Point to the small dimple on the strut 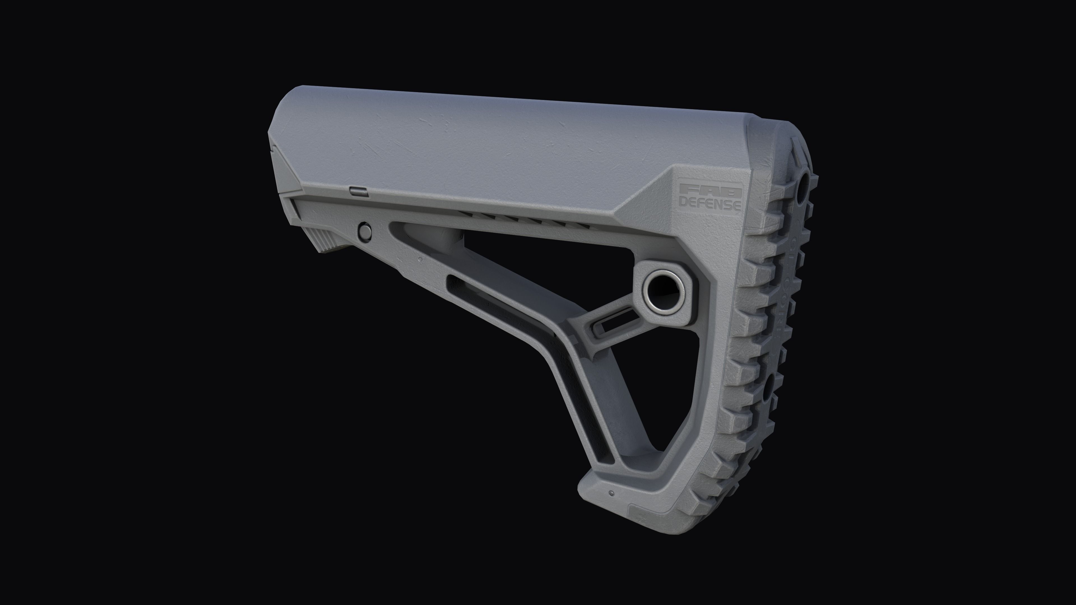click(x=419, y=259)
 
